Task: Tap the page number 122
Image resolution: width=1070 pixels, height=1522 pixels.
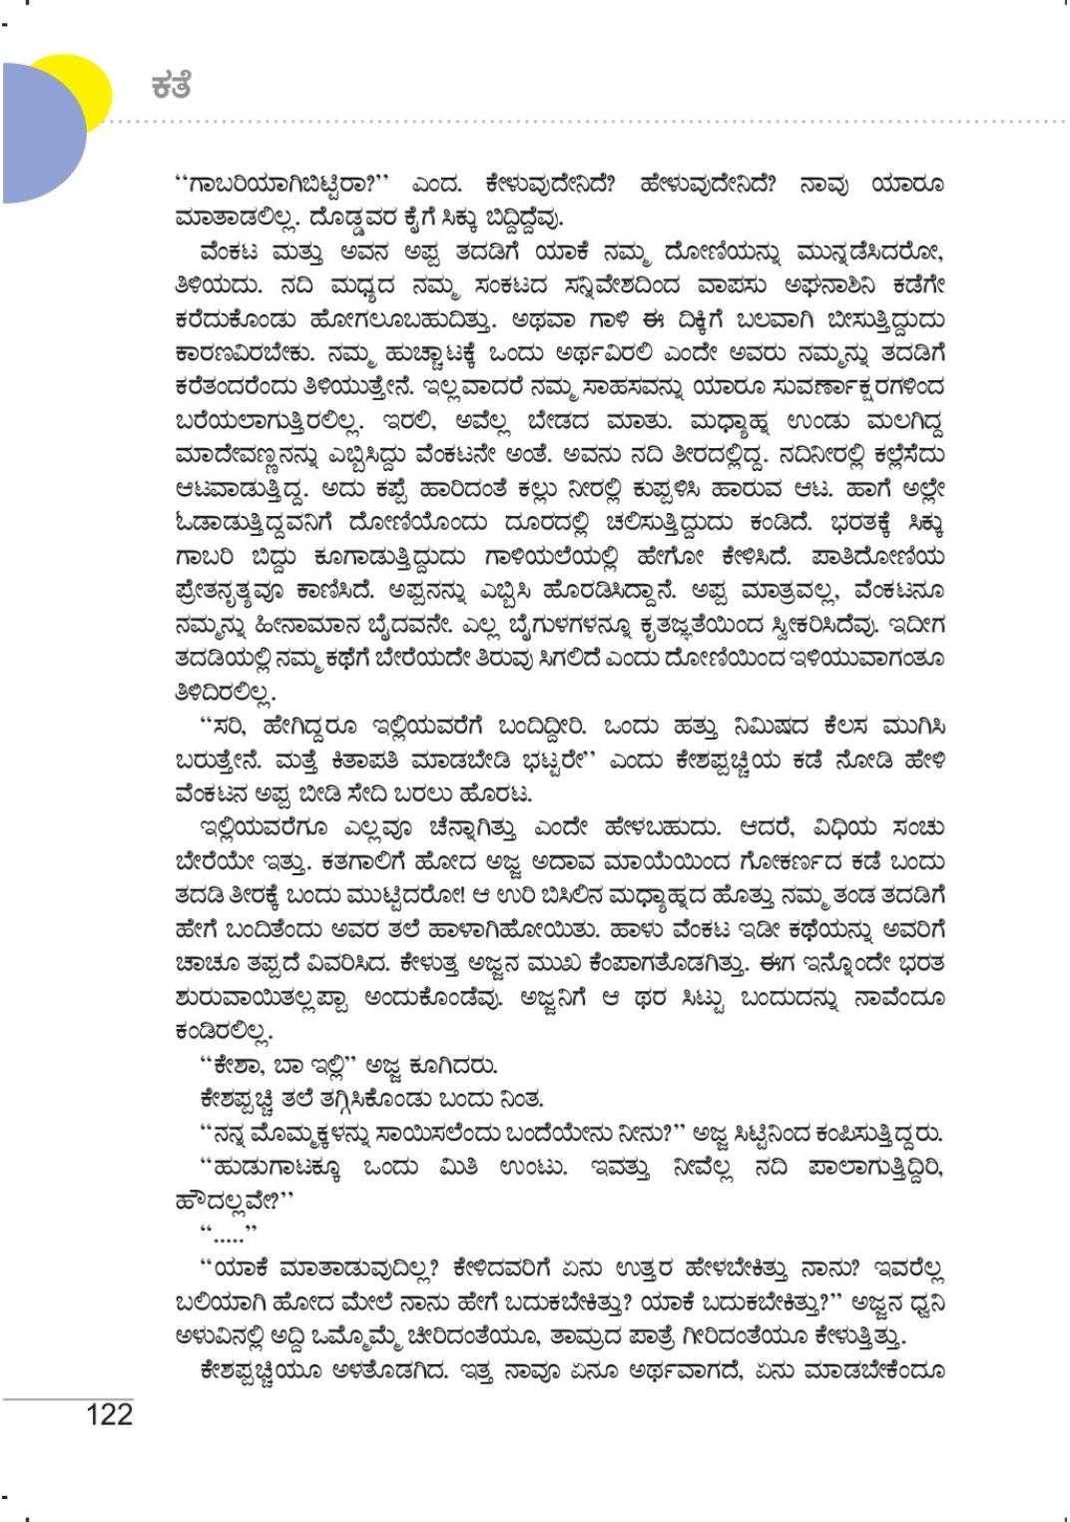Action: tap(109, 1414)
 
